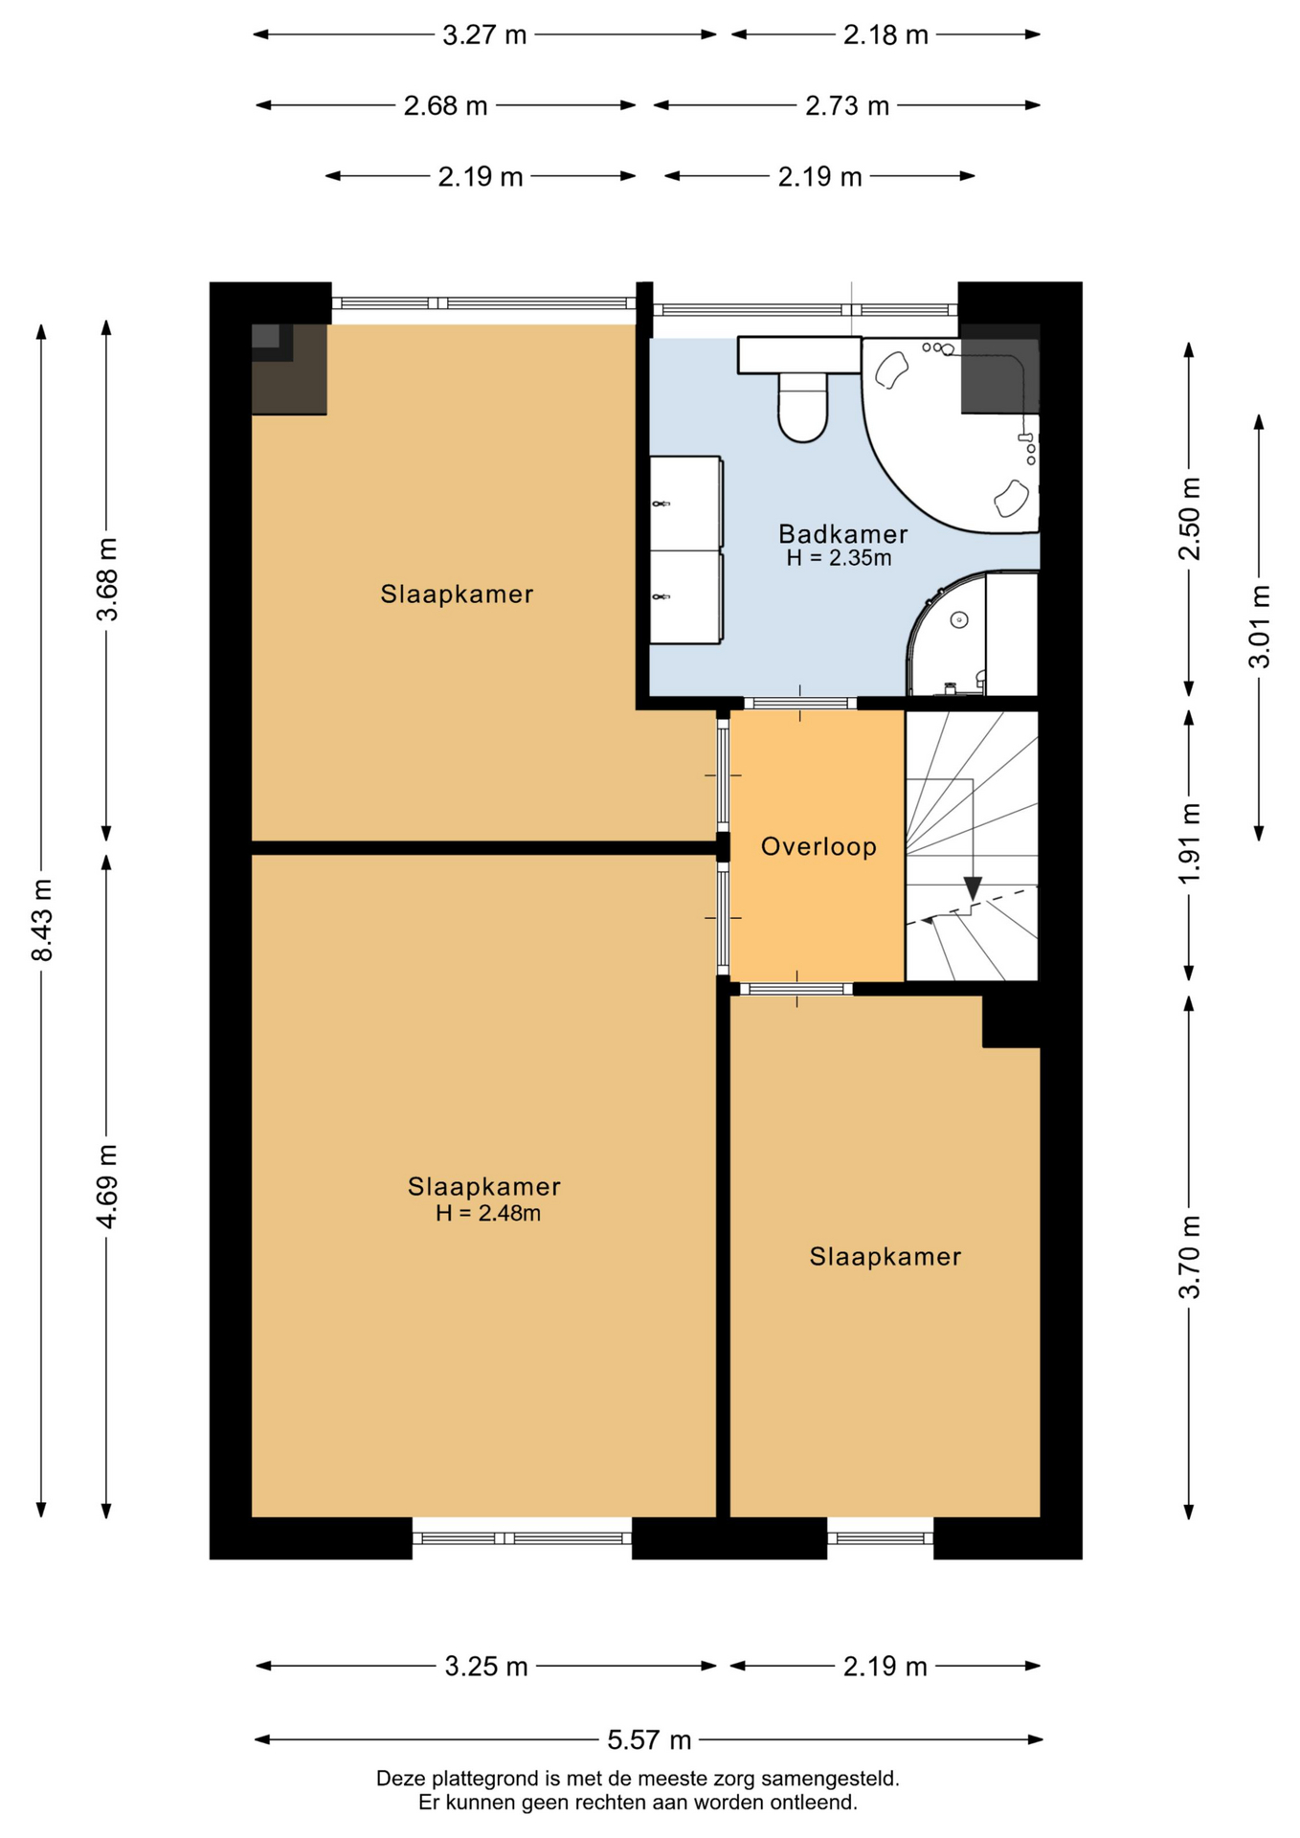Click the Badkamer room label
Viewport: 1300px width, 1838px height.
[x=842, y=534]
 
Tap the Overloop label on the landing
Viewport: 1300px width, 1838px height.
[x=818, y=846]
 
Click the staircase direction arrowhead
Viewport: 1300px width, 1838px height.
[x=973, y=888]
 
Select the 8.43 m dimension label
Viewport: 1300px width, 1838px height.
[x=42, y=919]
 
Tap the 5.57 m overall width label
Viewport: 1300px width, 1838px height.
[x=649, y=1739]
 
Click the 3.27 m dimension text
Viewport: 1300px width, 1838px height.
[x=484, y=35]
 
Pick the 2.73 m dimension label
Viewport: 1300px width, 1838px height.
[x=847, y=105]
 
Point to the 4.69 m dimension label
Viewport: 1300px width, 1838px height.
[x=107, y=1186]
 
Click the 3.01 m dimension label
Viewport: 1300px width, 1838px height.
[x=1259, y=626]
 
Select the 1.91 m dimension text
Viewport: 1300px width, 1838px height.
[x=1189, y=844]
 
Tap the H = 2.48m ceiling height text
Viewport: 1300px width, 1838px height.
[x=488, y=1214]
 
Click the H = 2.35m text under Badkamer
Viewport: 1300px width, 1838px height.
[x=840, y=558]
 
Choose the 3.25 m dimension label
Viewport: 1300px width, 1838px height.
[x=486, y=1667]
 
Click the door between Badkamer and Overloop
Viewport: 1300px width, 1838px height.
[x=800, y=704]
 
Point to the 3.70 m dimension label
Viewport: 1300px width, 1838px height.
[x=1189, y=1257]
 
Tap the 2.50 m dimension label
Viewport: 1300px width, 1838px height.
[x=1189, y=518]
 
